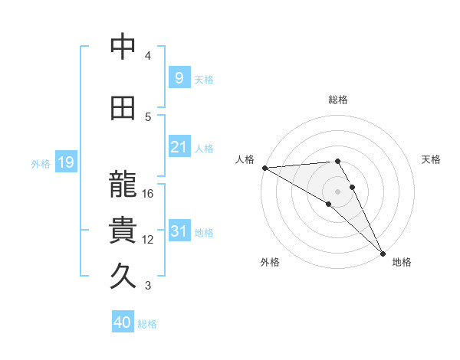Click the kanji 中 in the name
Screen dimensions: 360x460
[x=123, y=47]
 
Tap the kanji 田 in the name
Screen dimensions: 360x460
[x=123, y=108]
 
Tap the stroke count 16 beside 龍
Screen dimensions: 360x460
[x=148, y=194]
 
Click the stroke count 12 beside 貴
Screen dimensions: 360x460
[x=148, y=240]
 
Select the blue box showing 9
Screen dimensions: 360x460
[x=179, y=77]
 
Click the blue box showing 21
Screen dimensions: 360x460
[x=179, y=147]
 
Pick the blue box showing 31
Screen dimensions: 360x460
[x=179, y=231]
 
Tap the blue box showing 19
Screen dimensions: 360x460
[x=65, y=162]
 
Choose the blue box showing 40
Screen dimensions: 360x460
[x=123, y=322]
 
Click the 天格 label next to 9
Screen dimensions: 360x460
[x=204, y=79]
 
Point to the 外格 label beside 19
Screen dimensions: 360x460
[x=41, y=163]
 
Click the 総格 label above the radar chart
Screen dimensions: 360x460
[x=338, y=100]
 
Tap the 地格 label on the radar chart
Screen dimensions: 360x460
[x=402, y=262]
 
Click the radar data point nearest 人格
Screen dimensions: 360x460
[x=264, y=167]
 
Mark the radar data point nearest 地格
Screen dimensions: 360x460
[x=382, y=253]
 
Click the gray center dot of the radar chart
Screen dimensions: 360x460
[x=337, y=191]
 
